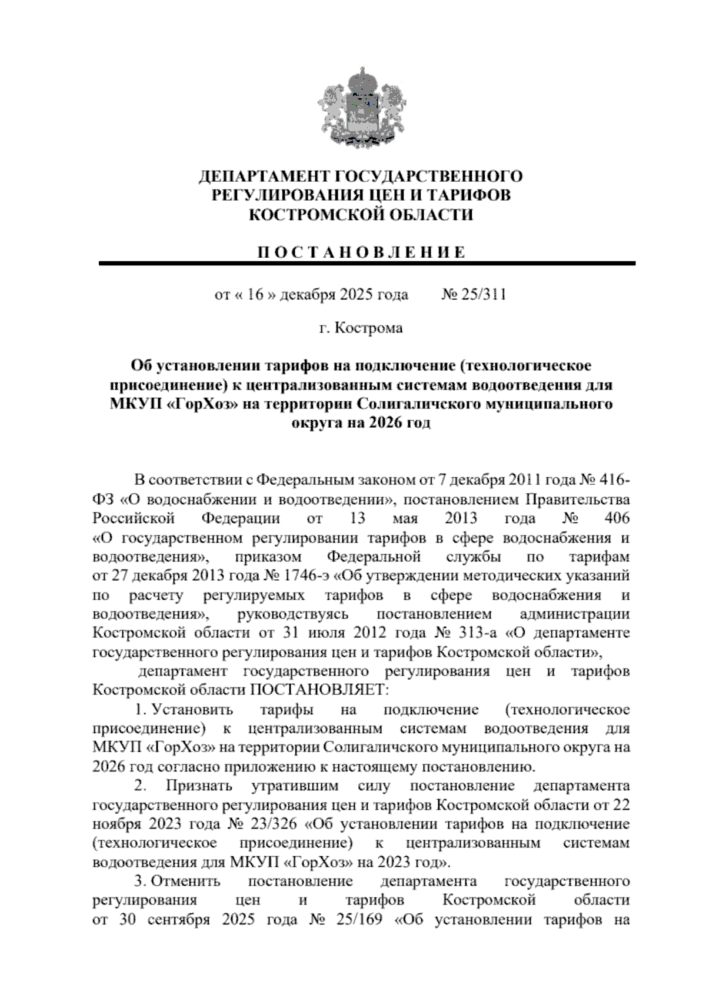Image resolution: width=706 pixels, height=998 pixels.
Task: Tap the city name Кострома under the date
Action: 368,328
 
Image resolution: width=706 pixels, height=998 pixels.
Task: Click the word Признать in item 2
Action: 199,786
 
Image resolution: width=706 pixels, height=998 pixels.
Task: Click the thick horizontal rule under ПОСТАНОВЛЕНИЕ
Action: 367,264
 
